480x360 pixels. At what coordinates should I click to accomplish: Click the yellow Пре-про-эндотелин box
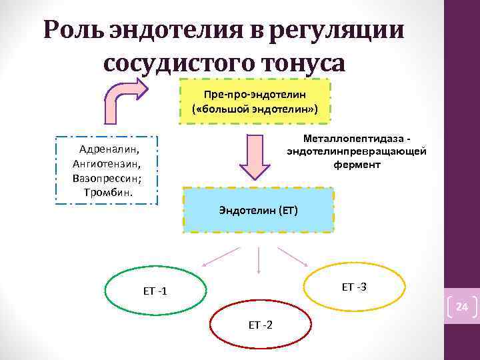tap(256, 101)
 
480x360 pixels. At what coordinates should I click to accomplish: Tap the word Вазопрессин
tap(107, 178)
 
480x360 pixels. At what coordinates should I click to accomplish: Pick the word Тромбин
tap(109, 192)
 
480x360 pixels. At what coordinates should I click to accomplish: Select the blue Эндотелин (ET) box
tap(258, 210)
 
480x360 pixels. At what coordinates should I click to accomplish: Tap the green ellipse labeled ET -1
tap(155, 291)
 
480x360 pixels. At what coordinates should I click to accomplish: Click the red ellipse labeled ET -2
tap(260, 325)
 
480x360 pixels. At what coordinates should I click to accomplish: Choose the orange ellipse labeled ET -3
tap(353, 287)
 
